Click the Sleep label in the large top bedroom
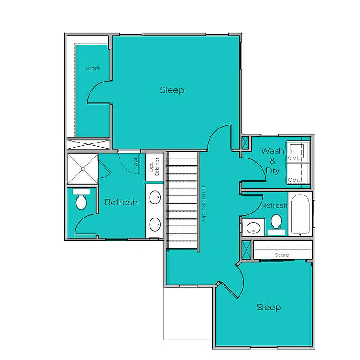pos(172,90)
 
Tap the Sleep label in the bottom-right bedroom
pos(269,307)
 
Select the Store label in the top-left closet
pos(93,68)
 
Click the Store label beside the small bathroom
pos(282,255)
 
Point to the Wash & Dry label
pos(272,160)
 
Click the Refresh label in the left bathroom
pos(121,202)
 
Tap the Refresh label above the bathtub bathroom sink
pos(274,205)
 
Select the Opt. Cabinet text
pos(154,167)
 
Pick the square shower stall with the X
pos(82,169)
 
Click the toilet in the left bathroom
pos(82,200)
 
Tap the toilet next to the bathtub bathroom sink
pos(276,223)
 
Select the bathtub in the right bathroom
pos(300,215)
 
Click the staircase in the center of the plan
pos(182,200)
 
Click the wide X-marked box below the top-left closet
pos(88,144)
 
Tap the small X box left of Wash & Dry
pos(246,142)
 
